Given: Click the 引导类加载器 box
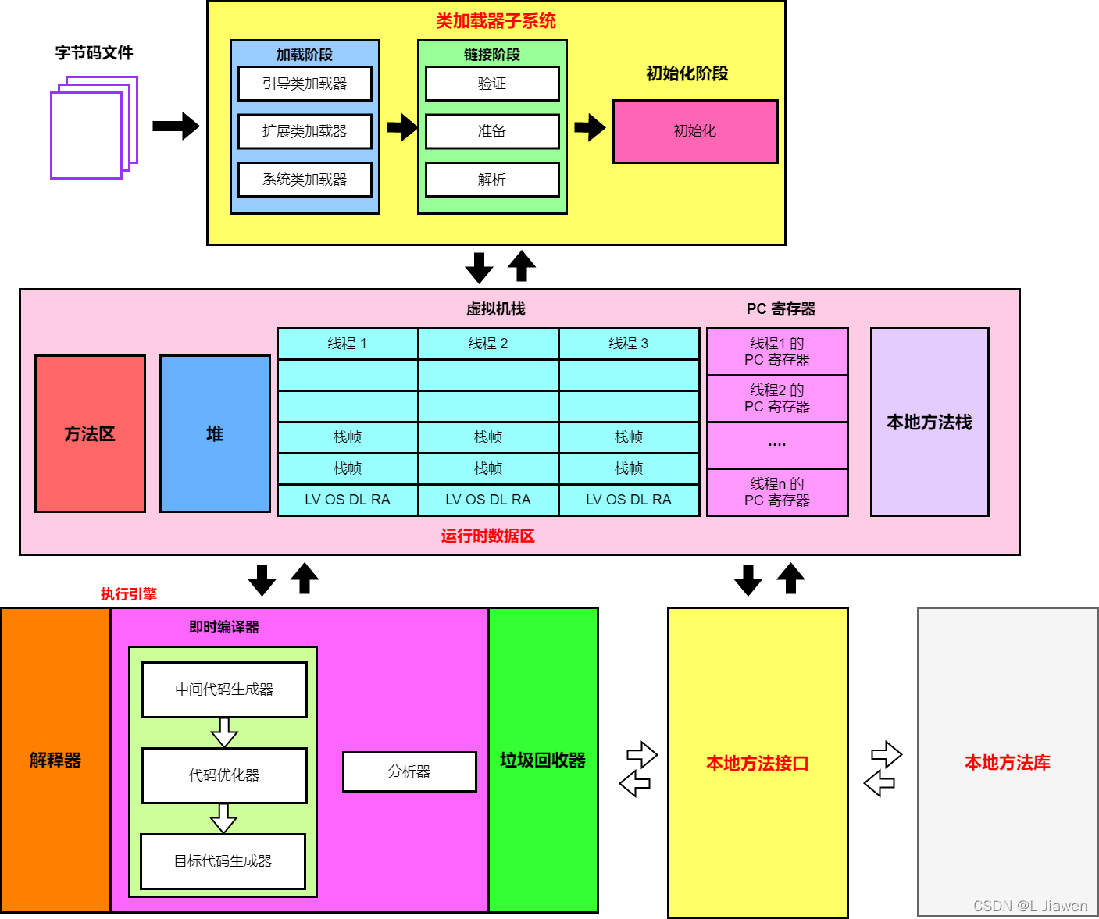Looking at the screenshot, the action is [305, 83].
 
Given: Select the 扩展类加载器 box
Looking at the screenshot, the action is [305, 131].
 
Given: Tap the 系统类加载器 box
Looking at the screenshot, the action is [305, 180].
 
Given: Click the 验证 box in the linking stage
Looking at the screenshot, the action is [492, 83].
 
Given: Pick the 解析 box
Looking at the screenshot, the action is [492, 180].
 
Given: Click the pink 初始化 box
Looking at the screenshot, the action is [695, 131].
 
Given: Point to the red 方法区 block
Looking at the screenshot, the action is [90, 433].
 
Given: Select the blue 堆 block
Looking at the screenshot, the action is [215, 433].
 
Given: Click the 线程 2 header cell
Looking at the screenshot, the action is [488, 344].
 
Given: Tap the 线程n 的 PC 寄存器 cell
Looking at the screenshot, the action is [777, 492].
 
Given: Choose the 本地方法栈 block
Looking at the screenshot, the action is [930, 422].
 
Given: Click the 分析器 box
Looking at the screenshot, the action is [409, 771].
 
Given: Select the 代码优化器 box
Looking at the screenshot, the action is [224, 775].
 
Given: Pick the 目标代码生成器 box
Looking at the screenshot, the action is [223, 861].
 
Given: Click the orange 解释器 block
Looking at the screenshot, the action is [55, 760].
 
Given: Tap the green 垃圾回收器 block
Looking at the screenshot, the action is [543, 760].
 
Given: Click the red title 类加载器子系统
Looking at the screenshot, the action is [496, 21].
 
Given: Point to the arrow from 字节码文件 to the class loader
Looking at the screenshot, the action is [176, 126].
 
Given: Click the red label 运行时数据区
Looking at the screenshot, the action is [488, 536].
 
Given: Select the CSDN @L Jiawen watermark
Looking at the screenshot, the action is [1030, 906].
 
